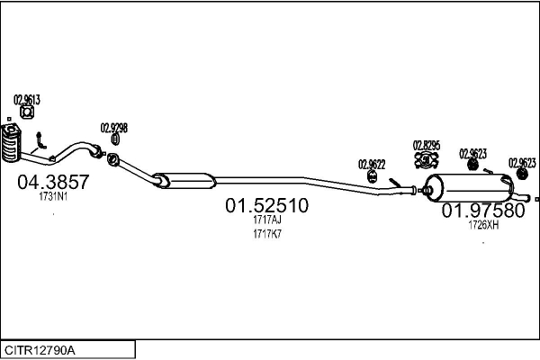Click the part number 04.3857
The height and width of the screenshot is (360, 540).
tap(53, 182)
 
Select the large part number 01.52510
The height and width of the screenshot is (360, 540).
tap(267, 205)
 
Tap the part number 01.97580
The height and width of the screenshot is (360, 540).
tap(483, 211)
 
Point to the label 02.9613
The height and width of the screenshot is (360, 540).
tap(27, 100)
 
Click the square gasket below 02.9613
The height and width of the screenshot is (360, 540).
tap(26, 112)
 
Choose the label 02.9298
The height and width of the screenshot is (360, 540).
tap(114, 128)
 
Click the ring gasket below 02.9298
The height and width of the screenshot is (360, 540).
tap(115, 139)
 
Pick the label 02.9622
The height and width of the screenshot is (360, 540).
tap(372, 165)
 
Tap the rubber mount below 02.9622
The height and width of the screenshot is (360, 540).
tap(373, 176)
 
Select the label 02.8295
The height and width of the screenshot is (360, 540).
tap(427, 146)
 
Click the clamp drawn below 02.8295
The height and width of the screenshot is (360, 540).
tap(427, 160)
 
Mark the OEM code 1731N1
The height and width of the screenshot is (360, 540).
tap(53, 197)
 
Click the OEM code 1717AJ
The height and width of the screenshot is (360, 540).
tap(267, 220)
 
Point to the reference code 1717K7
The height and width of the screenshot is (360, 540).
tap(267, 234)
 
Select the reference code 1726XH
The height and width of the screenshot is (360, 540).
tap(483, 225)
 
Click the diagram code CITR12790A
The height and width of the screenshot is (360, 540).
tap(40, 350)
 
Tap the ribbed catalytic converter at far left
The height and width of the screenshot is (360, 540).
tap(11, 143)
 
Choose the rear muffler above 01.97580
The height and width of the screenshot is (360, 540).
tap(469, 188)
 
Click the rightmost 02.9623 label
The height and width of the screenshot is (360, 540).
tap(522, 163)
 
